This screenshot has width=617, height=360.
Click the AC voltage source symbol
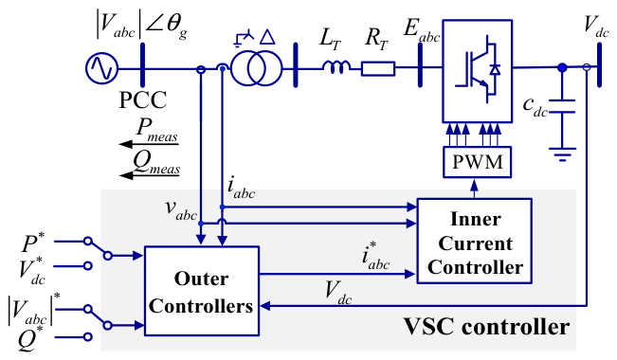click(101, 69)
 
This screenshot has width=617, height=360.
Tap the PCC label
click(143, 100)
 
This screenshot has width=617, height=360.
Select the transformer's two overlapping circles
click(257, 69)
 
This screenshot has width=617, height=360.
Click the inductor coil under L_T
click(336, 67)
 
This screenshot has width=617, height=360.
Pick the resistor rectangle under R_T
click(378, 69)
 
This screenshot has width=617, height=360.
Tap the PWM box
click(478, 162)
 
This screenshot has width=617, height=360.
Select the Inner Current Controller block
click(475, 242)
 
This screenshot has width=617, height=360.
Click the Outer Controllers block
click(202, 291)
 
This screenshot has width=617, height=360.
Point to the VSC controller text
click(487, 326)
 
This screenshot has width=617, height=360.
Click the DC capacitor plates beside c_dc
click(562, 106)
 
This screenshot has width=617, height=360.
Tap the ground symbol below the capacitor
click(563, 154)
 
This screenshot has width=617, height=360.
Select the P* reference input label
click(33, 243)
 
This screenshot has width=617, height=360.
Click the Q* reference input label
click(30, 338)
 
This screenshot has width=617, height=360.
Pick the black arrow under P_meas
click(149, 144)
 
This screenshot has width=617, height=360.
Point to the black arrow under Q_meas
click(149, 175)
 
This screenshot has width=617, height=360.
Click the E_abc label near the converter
click(422, 30)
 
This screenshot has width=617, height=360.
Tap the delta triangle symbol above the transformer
click(268, 37)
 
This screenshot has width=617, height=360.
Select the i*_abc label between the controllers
click(375, 256)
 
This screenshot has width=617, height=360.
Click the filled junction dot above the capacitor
click(562, 67)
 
